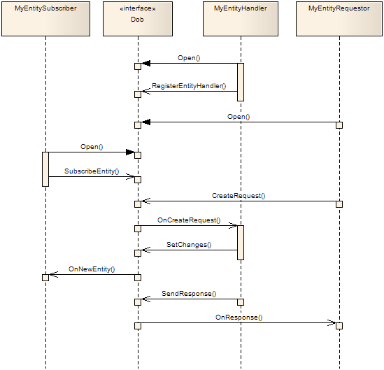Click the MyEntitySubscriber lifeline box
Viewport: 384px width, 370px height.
tap(45, 19)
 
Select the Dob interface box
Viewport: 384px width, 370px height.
tap(138, 19)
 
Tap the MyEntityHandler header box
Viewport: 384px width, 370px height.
tap(240, 19)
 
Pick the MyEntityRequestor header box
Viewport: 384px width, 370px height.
tap(339, 19)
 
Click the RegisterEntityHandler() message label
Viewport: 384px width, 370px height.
tap(189, 85)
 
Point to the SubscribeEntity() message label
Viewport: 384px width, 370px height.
tap(92, 171)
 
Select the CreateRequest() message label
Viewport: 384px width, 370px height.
tap(239, 196)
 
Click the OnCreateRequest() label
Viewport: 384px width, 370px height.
tap(189, 220)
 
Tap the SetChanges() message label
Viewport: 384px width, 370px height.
tap(189, 245)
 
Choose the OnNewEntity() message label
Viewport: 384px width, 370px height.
tap(92, 269)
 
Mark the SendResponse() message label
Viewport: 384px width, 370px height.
tap(189, 294)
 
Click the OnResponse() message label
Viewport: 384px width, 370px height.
tap(239, 317)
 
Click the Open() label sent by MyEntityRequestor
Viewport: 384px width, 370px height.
tap(239, 117)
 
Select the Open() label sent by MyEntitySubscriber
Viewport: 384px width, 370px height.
tap(92, 147)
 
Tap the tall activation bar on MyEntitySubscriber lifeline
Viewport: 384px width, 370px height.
tap(45, 169)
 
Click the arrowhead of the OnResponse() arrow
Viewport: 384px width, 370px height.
tap(332, 322)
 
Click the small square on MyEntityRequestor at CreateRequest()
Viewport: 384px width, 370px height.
tap(339, 204)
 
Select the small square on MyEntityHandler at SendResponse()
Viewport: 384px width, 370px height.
tap(240, 302)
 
